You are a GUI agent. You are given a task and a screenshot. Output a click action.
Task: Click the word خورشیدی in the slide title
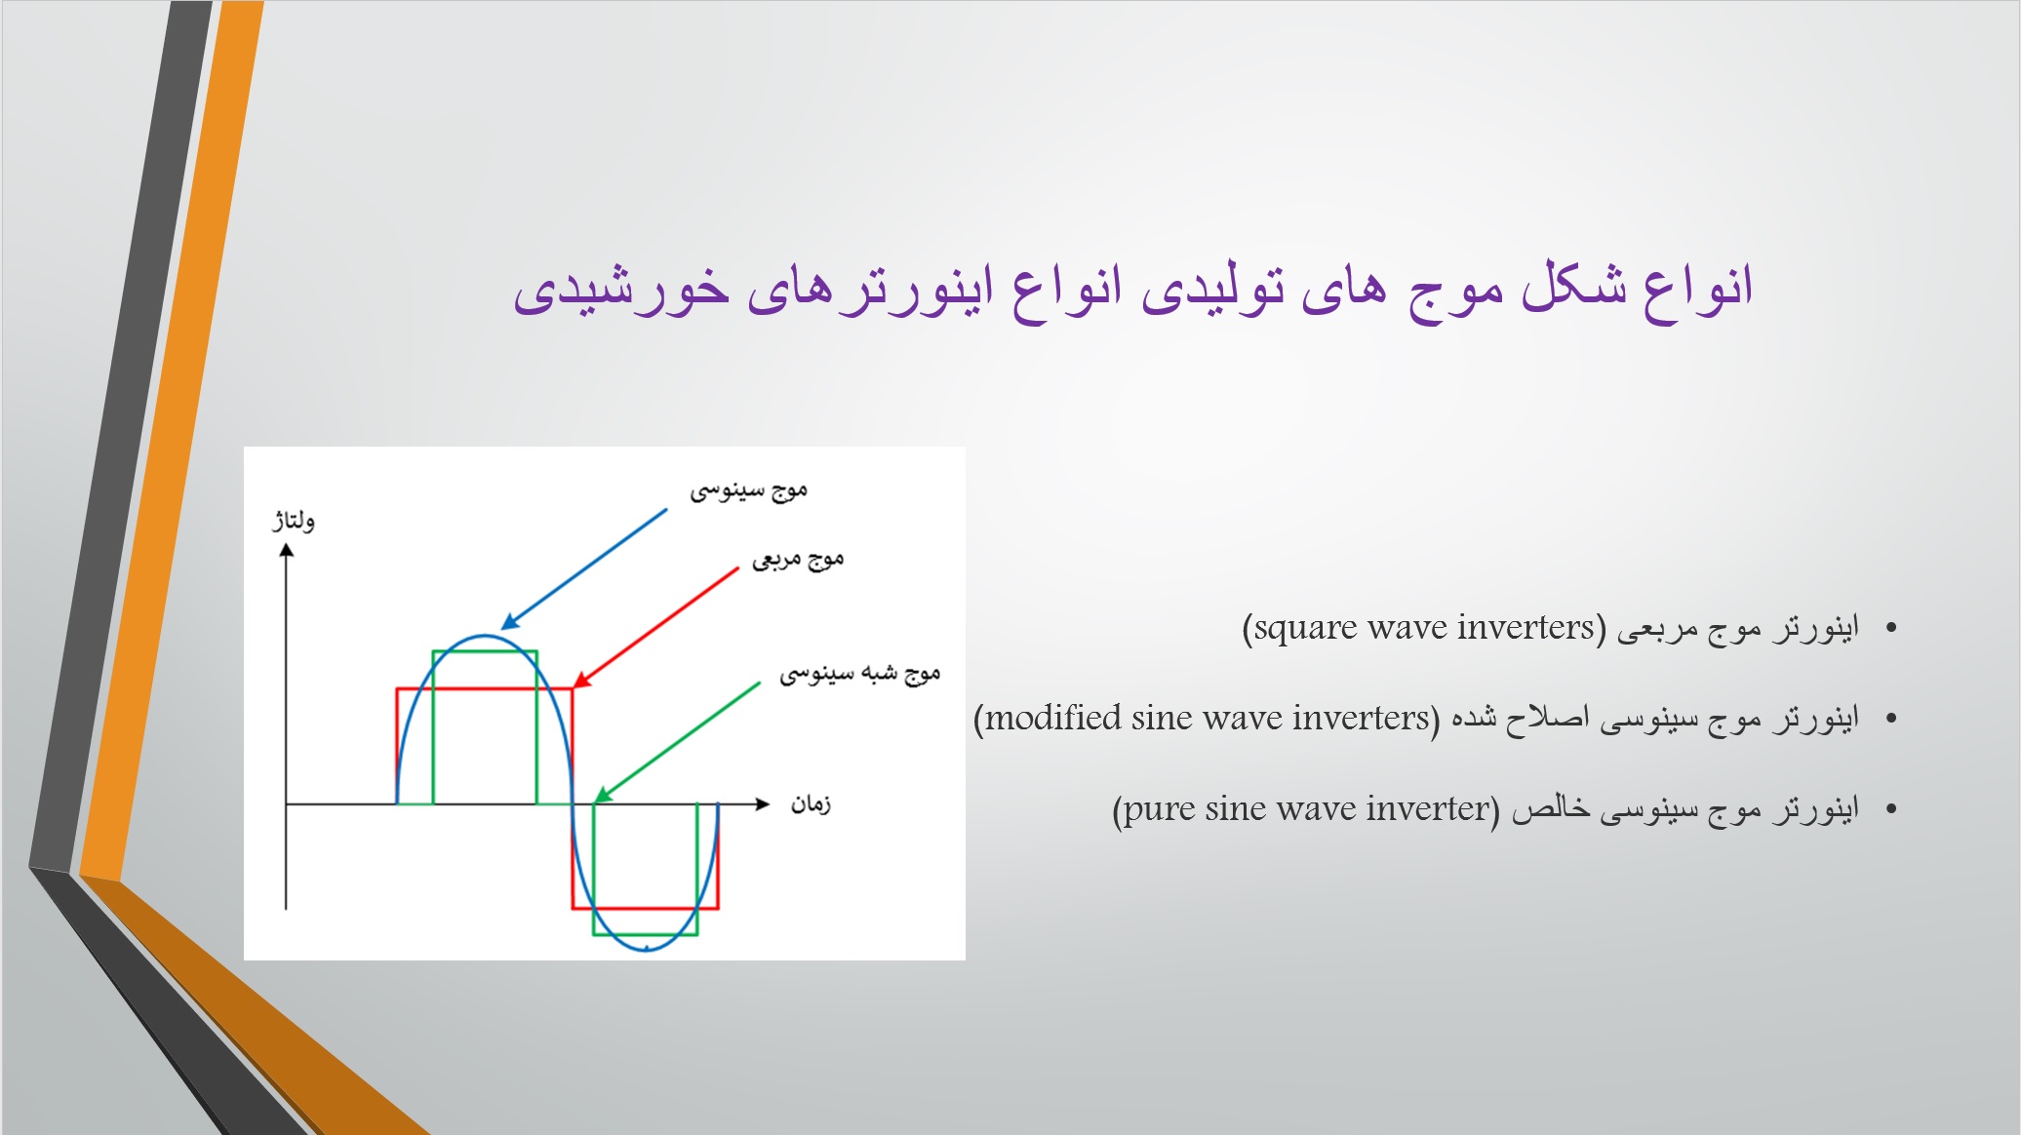click(621, 290)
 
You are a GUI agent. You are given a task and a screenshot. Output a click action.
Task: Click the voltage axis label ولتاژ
click(293, 520)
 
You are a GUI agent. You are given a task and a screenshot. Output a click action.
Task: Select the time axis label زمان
click(811, 804)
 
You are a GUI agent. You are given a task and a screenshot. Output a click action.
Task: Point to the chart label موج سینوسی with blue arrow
click(748, 490)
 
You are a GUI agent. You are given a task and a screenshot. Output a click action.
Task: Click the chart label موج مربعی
click(798, 559)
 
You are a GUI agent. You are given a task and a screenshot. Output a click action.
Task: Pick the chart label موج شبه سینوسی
click(859, 673)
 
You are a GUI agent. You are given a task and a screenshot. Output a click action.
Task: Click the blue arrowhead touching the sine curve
click(509, 622)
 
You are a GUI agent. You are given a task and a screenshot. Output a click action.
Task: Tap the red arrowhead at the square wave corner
click(581, 680)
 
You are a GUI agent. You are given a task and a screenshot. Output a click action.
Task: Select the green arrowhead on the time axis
click(603, 795)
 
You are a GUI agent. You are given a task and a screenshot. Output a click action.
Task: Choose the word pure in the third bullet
click(1160, 809)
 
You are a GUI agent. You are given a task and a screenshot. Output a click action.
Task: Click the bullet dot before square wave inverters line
click(1891, 628)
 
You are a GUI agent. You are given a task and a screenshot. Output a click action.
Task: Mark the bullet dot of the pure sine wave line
click(1891, 808)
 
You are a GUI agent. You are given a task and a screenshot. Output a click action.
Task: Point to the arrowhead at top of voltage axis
click(286, 550)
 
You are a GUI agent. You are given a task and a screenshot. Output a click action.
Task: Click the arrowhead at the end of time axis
click(763, 803)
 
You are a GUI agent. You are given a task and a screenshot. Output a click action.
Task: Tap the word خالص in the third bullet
click(1551, 808)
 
